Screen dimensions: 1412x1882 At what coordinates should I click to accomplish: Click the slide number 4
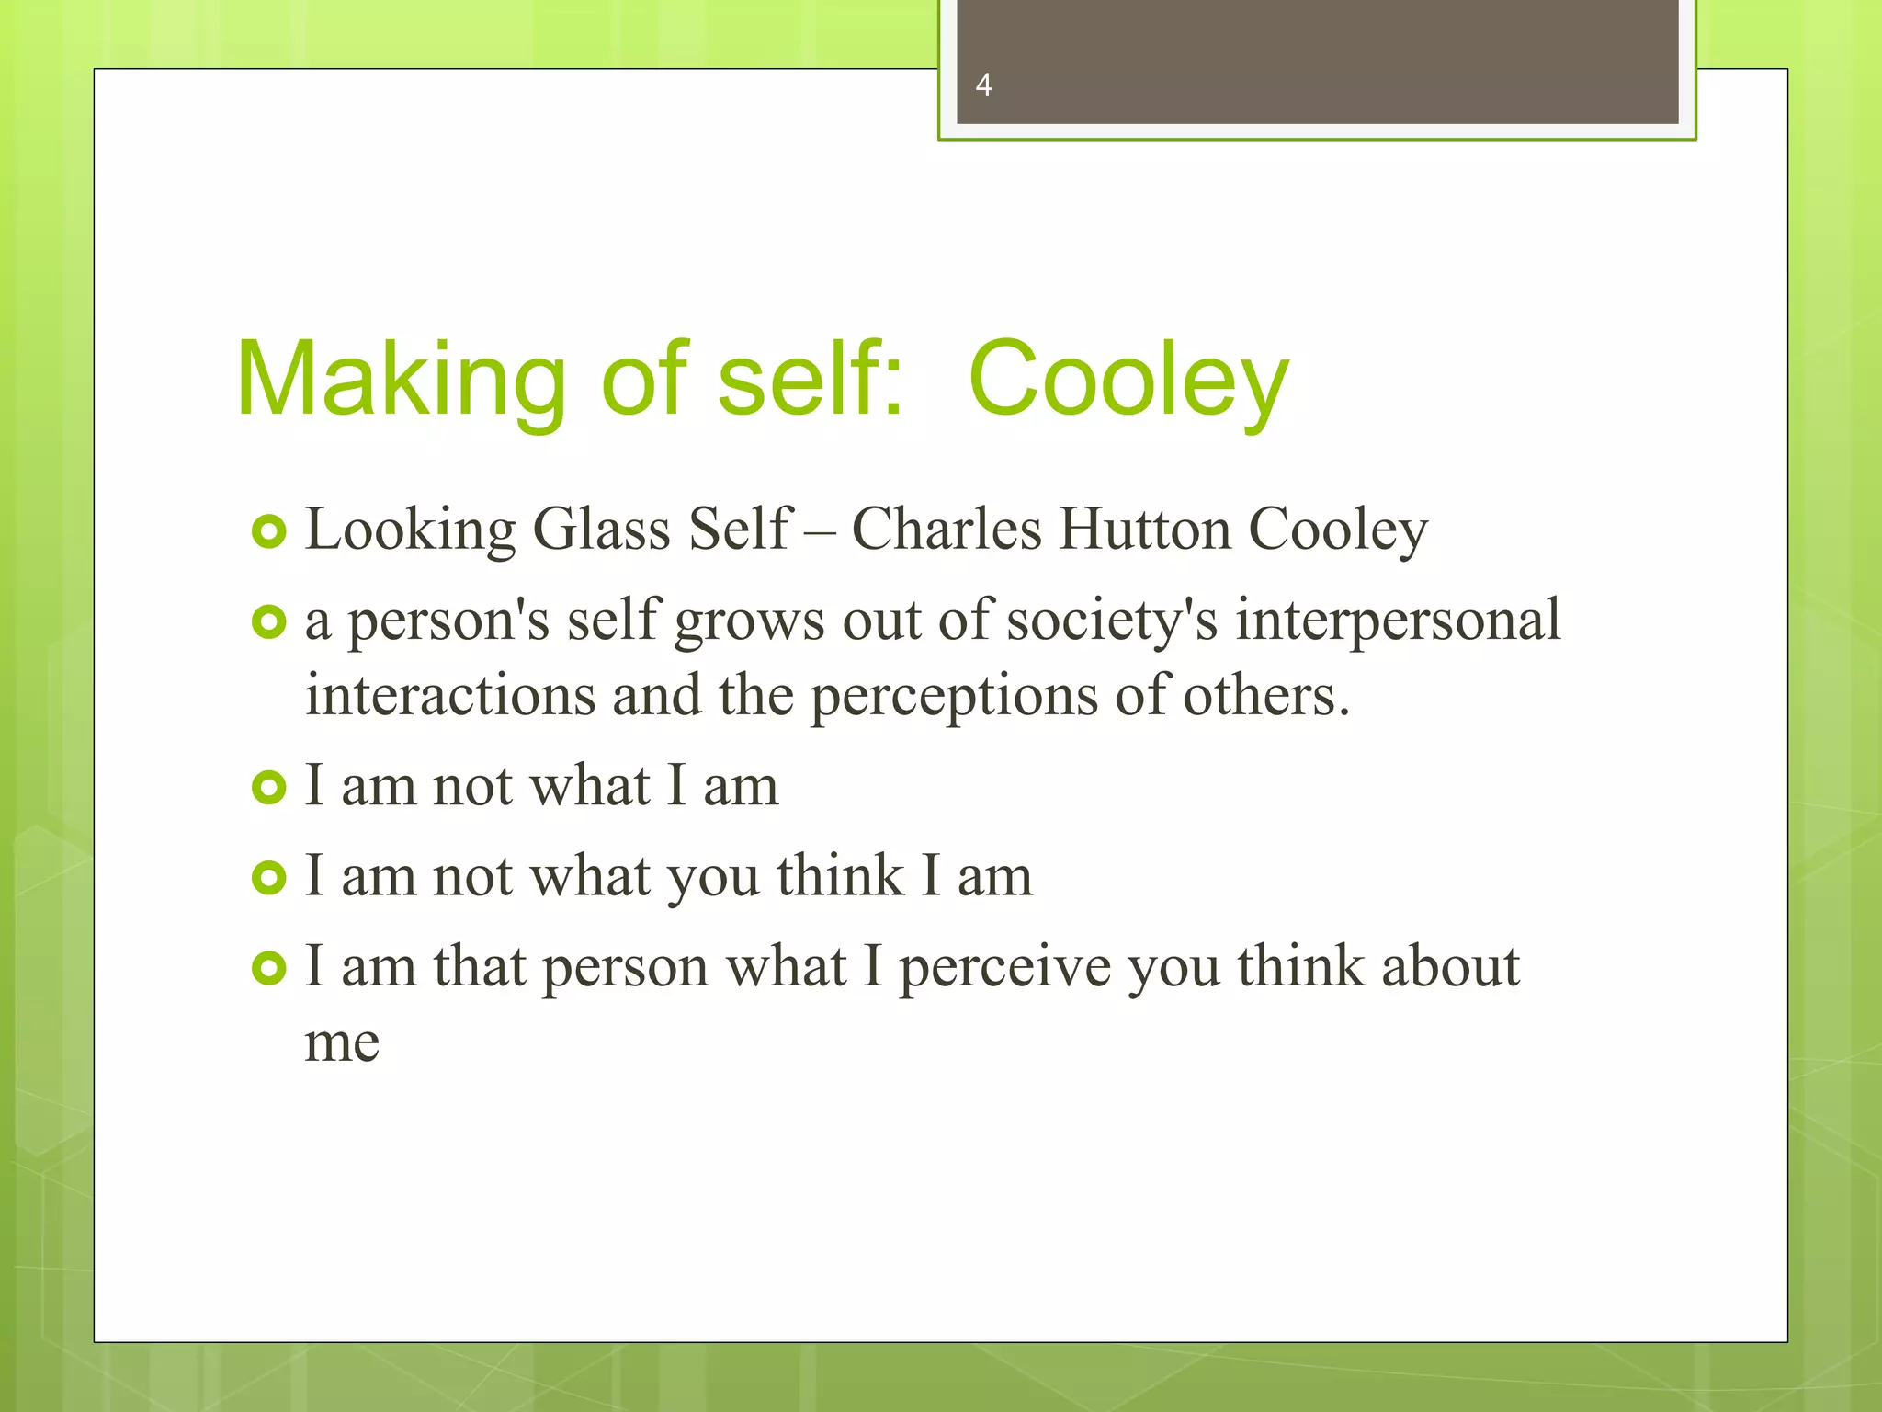tap(983, 85)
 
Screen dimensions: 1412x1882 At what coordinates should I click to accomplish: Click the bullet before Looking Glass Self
tap(269, 531)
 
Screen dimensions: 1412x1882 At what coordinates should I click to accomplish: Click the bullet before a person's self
tap(269, 622)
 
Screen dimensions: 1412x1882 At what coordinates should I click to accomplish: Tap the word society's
tap(1112, 621)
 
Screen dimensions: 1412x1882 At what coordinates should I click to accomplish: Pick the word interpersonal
tap(1398, 621)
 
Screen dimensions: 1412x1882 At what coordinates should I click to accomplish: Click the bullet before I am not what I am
tap(269, 787)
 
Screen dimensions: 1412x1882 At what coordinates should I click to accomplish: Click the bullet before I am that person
tap(269, 968)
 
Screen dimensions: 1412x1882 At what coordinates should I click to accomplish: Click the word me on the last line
tap(342, 1043)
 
